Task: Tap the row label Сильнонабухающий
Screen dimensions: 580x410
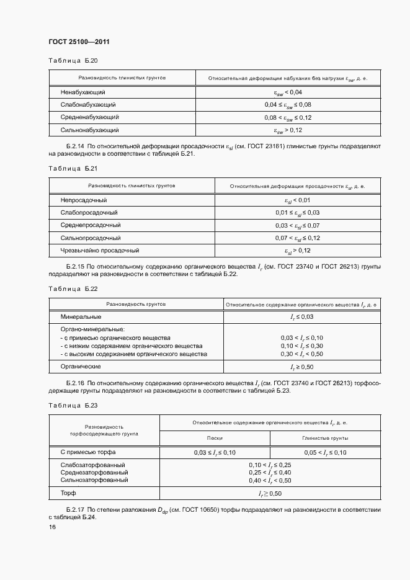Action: (90, 130)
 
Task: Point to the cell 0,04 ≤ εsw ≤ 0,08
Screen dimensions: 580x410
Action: (287, 105)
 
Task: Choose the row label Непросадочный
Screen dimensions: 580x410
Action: (84, 200)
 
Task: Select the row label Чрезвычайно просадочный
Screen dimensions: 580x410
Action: (100, 251)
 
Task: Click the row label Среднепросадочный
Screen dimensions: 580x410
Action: (91, 225)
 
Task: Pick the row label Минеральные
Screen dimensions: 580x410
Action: (81, 317)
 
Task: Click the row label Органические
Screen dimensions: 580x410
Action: (81, 367)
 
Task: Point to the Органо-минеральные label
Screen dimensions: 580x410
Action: (92, 329)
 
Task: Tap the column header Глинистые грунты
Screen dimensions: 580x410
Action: (325, 438)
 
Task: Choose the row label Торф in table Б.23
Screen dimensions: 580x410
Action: (68, 493)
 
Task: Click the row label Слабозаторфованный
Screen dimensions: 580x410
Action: (93, 465)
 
